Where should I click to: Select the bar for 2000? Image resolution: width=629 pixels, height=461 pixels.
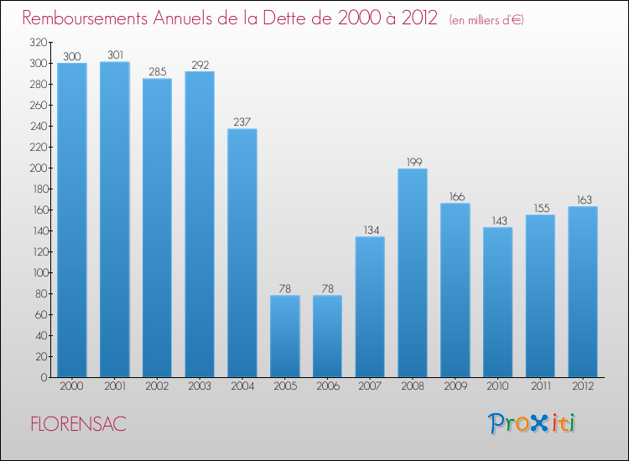pyautogui.click(x=71, y=220)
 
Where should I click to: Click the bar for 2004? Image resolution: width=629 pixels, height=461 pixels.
pyautogui.click(x=242, y=252)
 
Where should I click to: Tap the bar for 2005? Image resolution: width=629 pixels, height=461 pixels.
pyautogui.click(x=284, y=336)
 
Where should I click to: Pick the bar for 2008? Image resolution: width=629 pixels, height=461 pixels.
pyautogui.click(x=413, y=272)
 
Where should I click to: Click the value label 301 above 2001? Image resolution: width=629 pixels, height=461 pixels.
pyautogui.click(x=114, y=55)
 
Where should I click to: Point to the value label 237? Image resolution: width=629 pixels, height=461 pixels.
pyautogui.click(x=242, y=122)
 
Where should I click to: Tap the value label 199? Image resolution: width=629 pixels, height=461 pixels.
pyautogui.click(x=413, y=162)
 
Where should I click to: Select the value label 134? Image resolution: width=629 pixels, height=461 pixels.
pyautogui.click(x=370, y=230)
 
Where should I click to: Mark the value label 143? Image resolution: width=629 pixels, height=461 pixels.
pyautogui.click(x=497, y=221)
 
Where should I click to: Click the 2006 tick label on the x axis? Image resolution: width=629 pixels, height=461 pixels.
pyautogui.click(x=327, y=387)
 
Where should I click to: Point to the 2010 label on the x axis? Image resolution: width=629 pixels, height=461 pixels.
pyautogui.click(x=497, y=387)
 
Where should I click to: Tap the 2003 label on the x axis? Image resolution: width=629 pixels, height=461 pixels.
pyautogui.click(x=200, y=387)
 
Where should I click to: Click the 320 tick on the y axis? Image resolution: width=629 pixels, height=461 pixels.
pyautogui.click(x=36, y=42)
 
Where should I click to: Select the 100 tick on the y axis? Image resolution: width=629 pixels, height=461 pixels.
pyautogui.click(x=36, y=272)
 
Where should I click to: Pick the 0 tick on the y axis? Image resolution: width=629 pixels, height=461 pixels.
pyautogui.click(x=42, y=377)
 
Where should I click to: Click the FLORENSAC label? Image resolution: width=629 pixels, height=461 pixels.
pyautogui.click(x=78, y=424)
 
